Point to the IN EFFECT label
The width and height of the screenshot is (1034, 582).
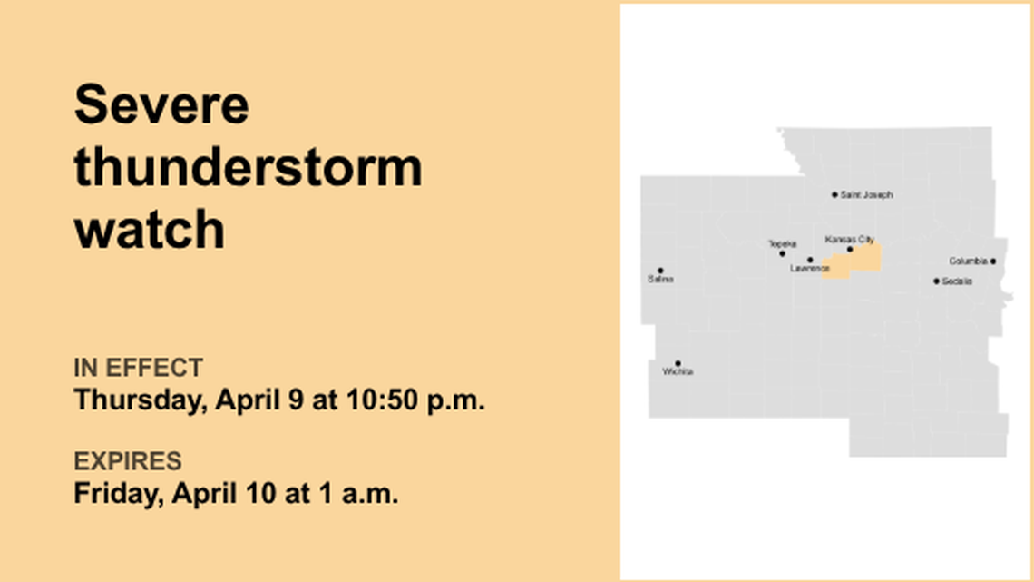pos(138,368)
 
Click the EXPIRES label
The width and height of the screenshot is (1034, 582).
pos(127,461)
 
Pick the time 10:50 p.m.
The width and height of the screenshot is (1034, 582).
pos(415,400)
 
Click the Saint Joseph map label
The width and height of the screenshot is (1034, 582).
pos(866,195)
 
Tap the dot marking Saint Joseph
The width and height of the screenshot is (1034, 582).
pos(834,194)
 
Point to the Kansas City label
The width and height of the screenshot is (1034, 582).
pos(849,240)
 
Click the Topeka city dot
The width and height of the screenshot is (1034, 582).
pos(782,253)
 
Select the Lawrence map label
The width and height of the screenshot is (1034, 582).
pos(809,269)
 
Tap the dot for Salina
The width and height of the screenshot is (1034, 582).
pos(659,271)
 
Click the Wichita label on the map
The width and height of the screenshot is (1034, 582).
pos(678,372)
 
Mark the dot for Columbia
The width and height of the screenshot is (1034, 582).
pos(992,261)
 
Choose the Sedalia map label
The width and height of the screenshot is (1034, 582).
pos(957,281)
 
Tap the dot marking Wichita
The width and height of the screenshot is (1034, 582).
pos(678,363)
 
